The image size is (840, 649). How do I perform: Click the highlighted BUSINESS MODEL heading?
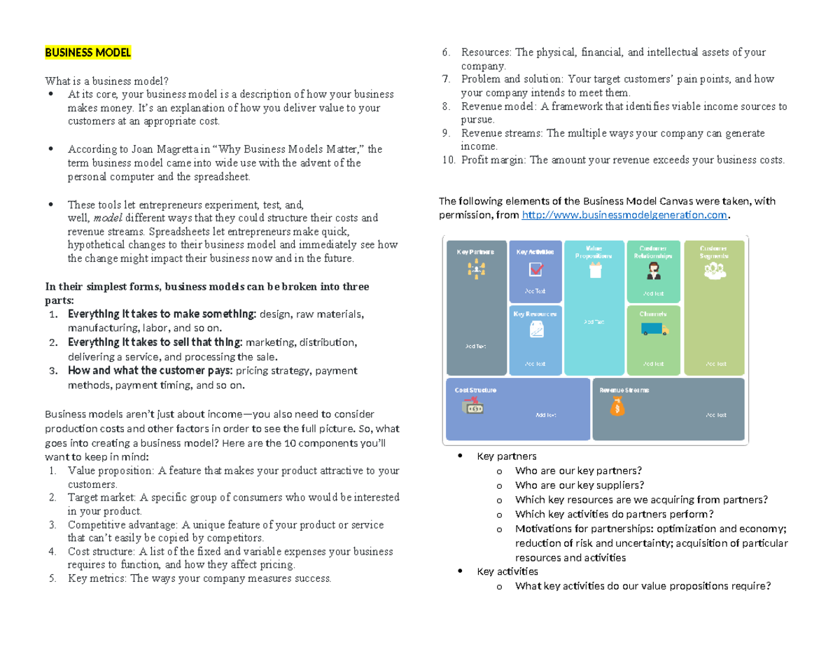pos(87,53)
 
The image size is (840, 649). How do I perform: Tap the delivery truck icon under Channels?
pos(654,328)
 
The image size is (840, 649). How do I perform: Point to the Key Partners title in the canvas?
pos(475,251)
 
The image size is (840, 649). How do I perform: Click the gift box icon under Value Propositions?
pos(595,272)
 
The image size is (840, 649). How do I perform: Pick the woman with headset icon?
pos(654,272)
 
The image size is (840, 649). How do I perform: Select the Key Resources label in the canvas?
pos(535,314)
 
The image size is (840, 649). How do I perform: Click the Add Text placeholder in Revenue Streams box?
pos(715,414)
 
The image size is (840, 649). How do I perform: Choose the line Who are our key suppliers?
pos(579,484)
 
